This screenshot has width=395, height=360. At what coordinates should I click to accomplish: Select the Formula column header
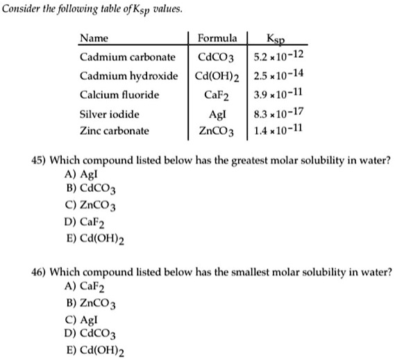coord(217,38)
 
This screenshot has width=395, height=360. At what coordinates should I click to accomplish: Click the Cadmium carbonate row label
coord(127,56)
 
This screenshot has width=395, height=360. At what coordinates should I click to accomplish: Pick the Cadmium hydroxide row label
coord(128,75)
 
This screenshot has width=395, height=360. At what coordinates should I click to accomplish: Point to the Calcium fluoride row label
coord(119,94)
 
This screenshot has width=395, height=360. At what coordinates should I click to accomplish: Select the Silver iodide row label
coord(109,113)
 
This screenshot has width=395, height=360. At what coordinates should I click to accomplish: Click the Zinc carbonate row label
coord(114,131)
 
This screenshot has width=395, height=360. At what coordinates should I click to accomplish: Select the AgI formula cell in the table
coord(217,113)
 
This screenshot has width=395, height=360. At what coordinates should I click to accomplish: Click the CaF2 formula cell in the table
coord(217,95)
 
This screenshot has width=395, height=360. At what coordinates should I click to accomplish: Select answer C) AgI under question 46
coord(78,320)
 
